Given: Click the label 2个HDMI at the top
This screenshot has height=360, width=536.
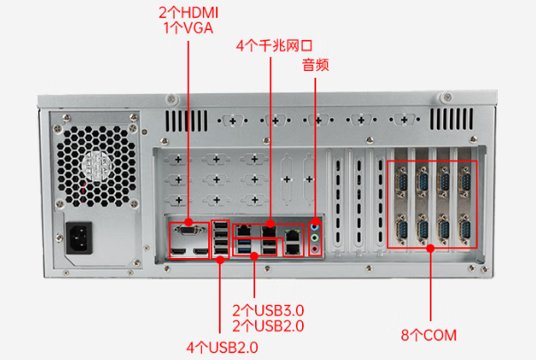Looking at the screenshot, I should coord(188,12).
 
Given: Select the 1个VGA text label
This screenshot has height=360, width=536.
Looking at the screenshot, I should coord(188,27).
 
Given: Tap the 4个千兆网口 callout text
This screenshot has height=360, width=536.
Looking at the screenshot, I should coord(274,44).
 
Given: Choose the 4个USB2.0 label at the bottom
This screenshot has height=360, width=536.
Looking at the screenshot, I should coord(221,345).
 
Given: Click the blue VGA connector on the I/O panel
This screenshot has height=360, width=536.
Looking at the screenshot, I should coord(188,231).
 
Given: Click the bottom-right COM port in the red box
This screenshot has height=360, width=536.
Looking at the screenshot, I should coord(463,231).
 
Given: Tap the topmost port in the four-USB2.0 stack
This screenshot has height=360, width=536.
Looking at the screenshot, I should coord(220,227).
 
